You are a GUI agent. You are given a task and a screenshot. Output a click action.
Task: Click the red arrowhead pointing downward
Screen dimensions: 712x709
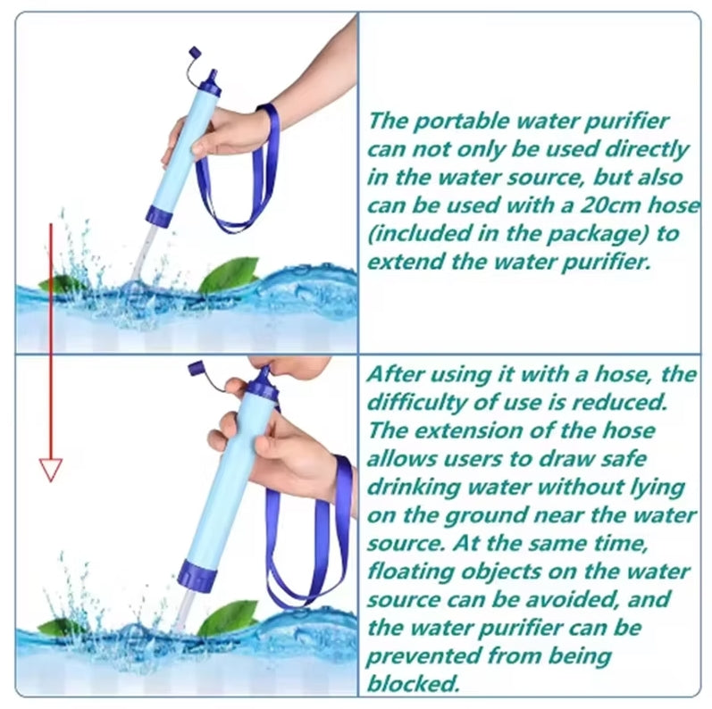click(50, 470)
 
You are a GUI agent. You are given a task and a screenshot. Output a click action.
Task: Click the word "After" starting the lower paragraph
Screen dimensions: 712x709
click(395, 374)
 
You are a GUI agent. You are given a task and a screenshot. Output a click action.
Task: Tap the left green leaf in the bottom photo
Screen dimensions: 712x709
click(59, 628)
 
